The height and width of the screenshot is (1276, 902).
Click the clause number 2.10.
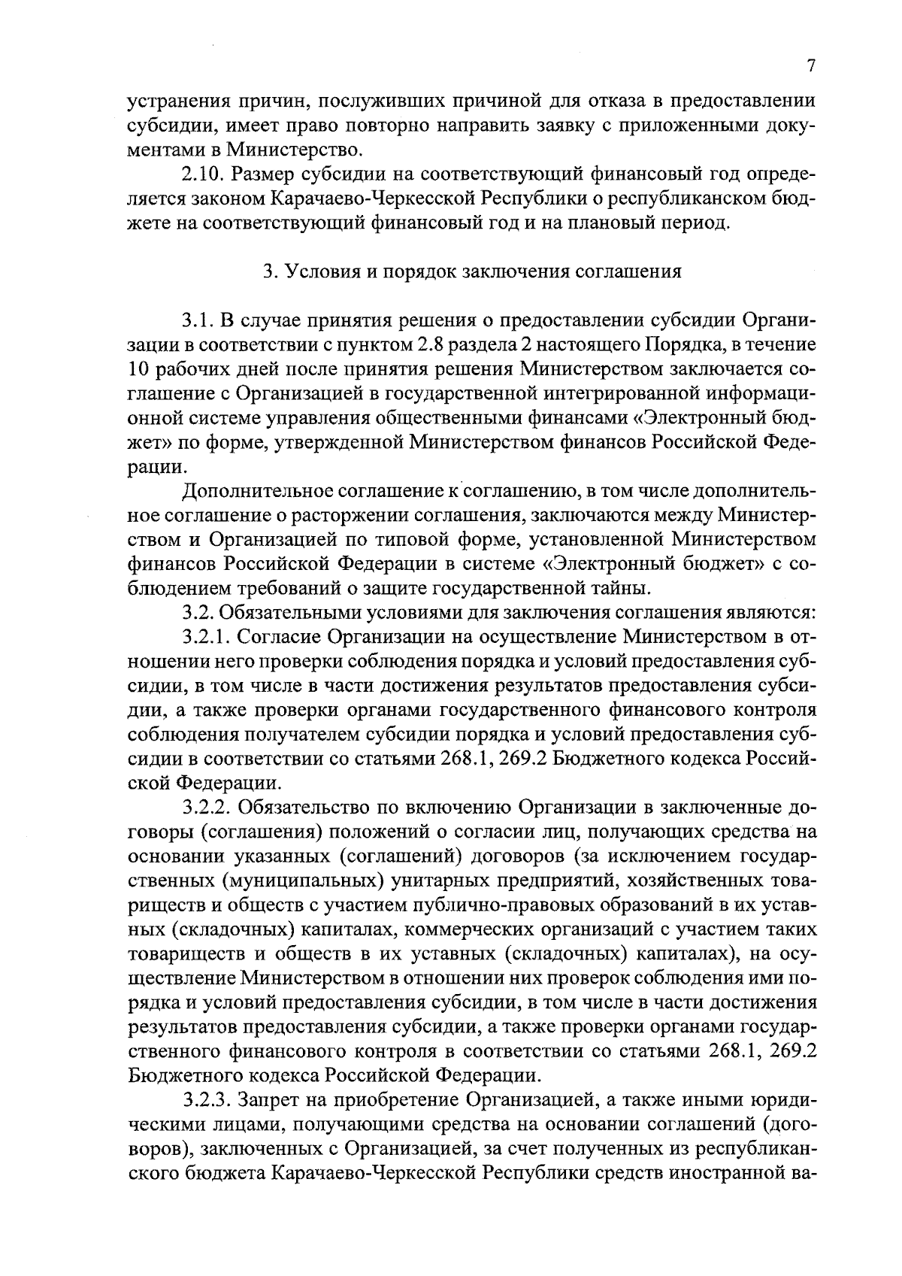tap(203, 175)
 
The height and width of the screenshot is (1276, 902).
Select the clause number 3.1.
tap(198, 320)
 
